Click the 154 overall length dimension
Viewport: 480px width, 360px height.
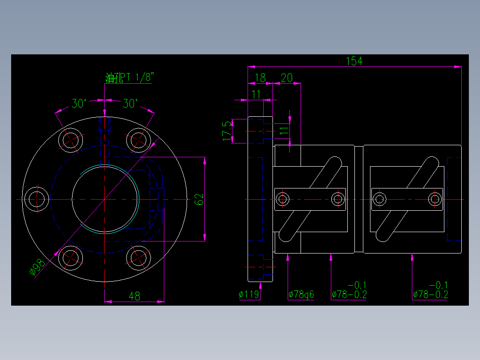pyautogui.click(x=354, y=61)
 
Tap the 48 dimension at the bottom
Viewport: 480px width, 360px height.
pyautogui.click(x=134, y=296)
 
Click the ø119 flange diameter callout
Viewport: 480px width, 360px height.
pyautogui.click(x=249, y=295)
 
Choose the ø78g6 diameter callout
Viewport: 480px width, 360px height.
pyautogui.click(x=301, y=295)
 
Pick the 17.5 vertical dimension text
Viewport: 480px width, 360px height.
pyautogui.click(x=228, y=131)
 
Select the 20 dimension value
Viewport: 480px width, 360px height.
pyautogui.click(x=286, y=78)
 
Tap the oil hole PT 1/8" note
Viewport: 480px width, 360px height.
pyautogui.click(x=129, y=78)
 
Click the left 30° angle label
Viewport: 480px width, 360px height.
pyautogui.click(x=79, y=104)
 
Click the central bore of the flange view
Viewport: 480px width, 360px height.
pyautogui.click(x=105, y=199)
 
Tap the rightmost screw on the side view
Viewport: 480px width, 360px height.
pyautogui.click(x=435, y=199)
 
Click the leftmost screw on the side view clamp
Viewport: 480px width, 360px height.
pyautogui.click(x=283, y=199)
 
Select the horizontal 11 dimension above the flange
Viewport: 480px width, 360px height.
pyautogui.click(x=256, y=94)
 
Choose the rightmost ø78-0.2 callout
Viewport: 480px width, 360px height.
pyautogui.click(x=431, y=294)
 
